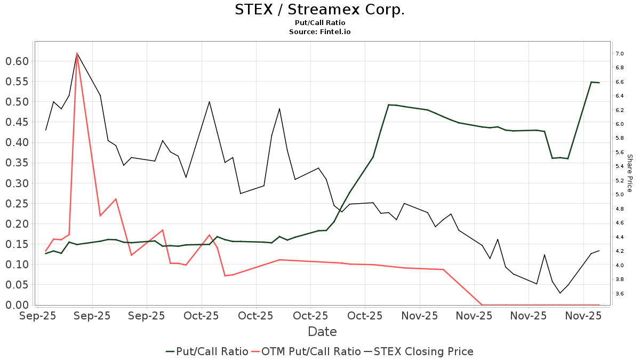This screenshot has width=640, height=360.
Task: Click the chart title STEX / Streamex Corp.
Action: [320, 10]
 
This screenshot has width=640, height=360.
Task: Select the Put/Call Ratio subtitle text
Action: [320, 23]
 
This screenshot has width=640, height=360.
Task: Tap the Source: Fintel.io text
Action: [320, 31]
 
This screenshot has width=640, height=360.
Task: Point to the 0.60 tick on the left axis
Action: [17, 61]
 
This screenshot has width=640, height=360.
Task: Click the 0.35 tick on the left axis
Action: [17, 163]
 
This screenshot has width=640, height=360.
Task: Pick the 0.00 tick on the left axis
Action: [17, 305]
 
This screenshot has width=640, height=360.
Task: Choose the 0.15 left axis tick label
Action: [17, 244]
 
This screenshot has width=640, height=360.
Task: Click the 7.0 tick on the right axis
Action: [620, 54]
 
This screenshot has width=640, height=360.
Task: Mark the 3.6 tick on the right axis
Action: [620, 293]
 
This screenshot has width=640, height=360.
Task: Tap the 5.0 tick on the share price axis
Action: [620, 195]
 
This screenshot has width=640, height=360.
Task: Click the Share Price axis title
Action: [629, 173]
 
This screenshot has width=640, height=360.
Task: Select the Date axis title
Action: [322, 332]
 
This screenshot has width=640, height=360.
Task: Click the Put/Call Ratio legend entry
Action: [207, 351]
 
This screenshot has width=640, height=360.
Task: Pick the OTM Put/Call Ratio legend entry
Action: [306, 351]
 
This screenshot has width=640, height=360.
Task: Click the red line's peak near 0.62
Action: [77, 53]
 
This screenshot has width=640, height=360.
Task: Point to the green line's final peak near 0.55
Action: [591, 82]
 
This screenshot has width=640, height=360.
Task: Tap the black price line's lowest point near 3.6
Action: [560, 293]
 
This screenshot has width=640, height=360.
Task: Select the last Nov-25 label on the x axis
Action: [583, 316]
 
